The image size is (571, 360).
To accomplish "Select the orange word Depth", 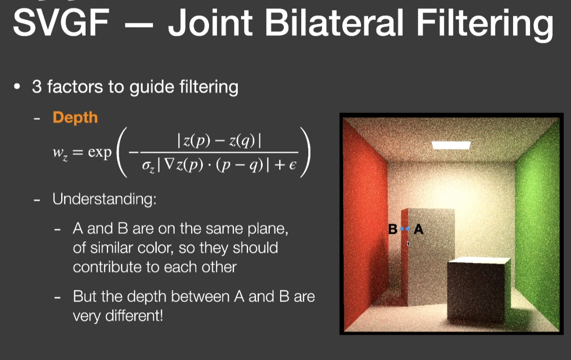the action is (x=75, y=118).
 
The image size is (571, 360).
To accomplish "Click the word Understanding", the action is (x=104, y=199).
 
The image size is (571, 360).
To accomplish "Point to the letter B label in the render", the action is (x=393, y=229).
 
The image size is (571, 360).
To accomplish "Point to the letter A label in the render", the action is (x=418, y=229).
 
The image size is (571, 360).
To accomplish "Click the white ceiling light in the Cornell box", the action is (x=451, y=145).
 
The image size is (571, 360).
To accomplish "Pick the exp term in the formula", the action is (x=100, y=152).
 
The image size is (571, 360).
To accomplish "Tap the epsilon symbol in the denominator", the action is (x=292, y=165).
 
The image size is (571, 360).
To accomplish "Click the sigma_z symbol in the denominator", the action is (x=148, y=167).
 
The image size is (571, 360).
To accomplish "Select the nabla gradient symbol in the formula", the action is (x=169, y=165).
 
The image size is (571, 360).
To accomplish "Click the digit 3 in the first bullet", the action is (x=37, y=87).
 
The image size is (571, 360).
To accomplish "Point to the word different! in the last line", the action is (x=134, y=316).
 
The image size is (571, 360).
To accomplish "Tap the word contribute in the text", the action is (x=107, y=267).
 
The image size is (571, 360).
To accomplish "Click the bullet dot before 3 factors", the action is (x=17, y=87).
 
